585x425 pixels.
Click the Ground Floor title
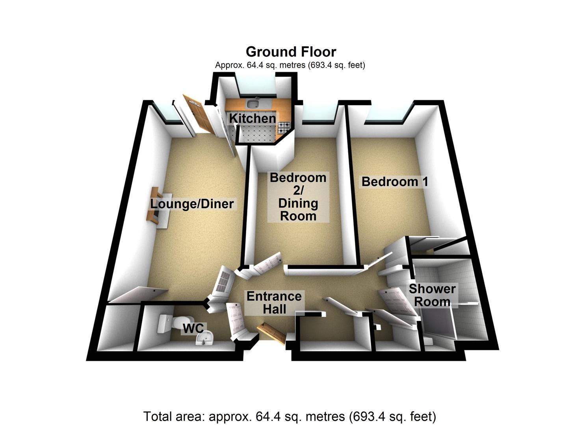(291, 52)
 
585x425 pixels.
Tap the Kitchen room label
(253, 118)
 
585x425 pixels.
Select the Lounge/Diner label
(192, 204)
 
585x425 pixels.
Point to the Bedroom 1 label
(395, 182)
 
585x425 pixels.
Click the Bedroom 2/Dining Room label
(298, 197)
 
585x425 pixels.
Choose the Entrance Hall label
(274, 303)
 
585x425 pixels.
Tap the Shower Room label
(432, 295)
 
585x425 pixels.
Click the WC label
(193, 328)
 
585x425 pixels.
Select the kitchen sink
(252, 103)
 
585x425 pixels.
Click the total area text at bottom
(290, 416)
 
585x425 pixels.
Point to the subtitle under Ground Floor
(290, 65)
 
